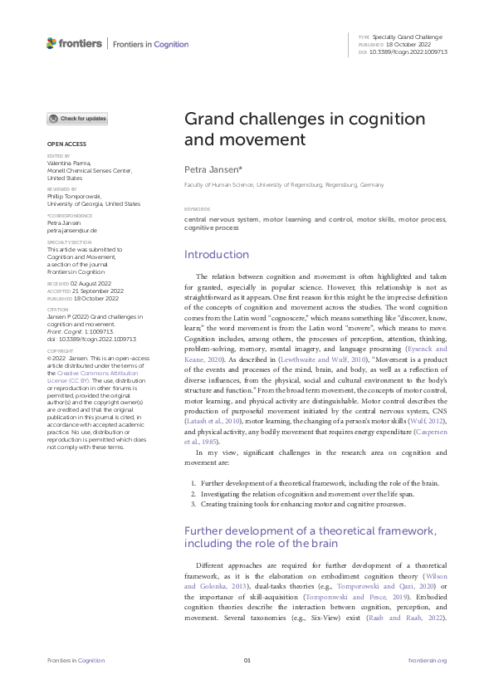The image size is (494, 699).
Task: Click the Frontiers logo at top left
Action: pos(74,43)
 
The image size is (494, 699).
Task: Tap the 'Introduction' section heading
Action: pos(216,254)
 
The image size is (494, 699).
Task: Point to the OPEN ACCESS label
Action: pos(65,144)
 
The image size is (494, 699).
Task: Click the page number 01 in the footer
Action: pos(247,660)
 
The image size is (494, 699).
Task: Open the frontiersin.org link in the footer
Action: pos(428,660)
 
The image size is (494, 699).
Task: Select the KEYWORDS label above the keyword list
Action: pos(197,209)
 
